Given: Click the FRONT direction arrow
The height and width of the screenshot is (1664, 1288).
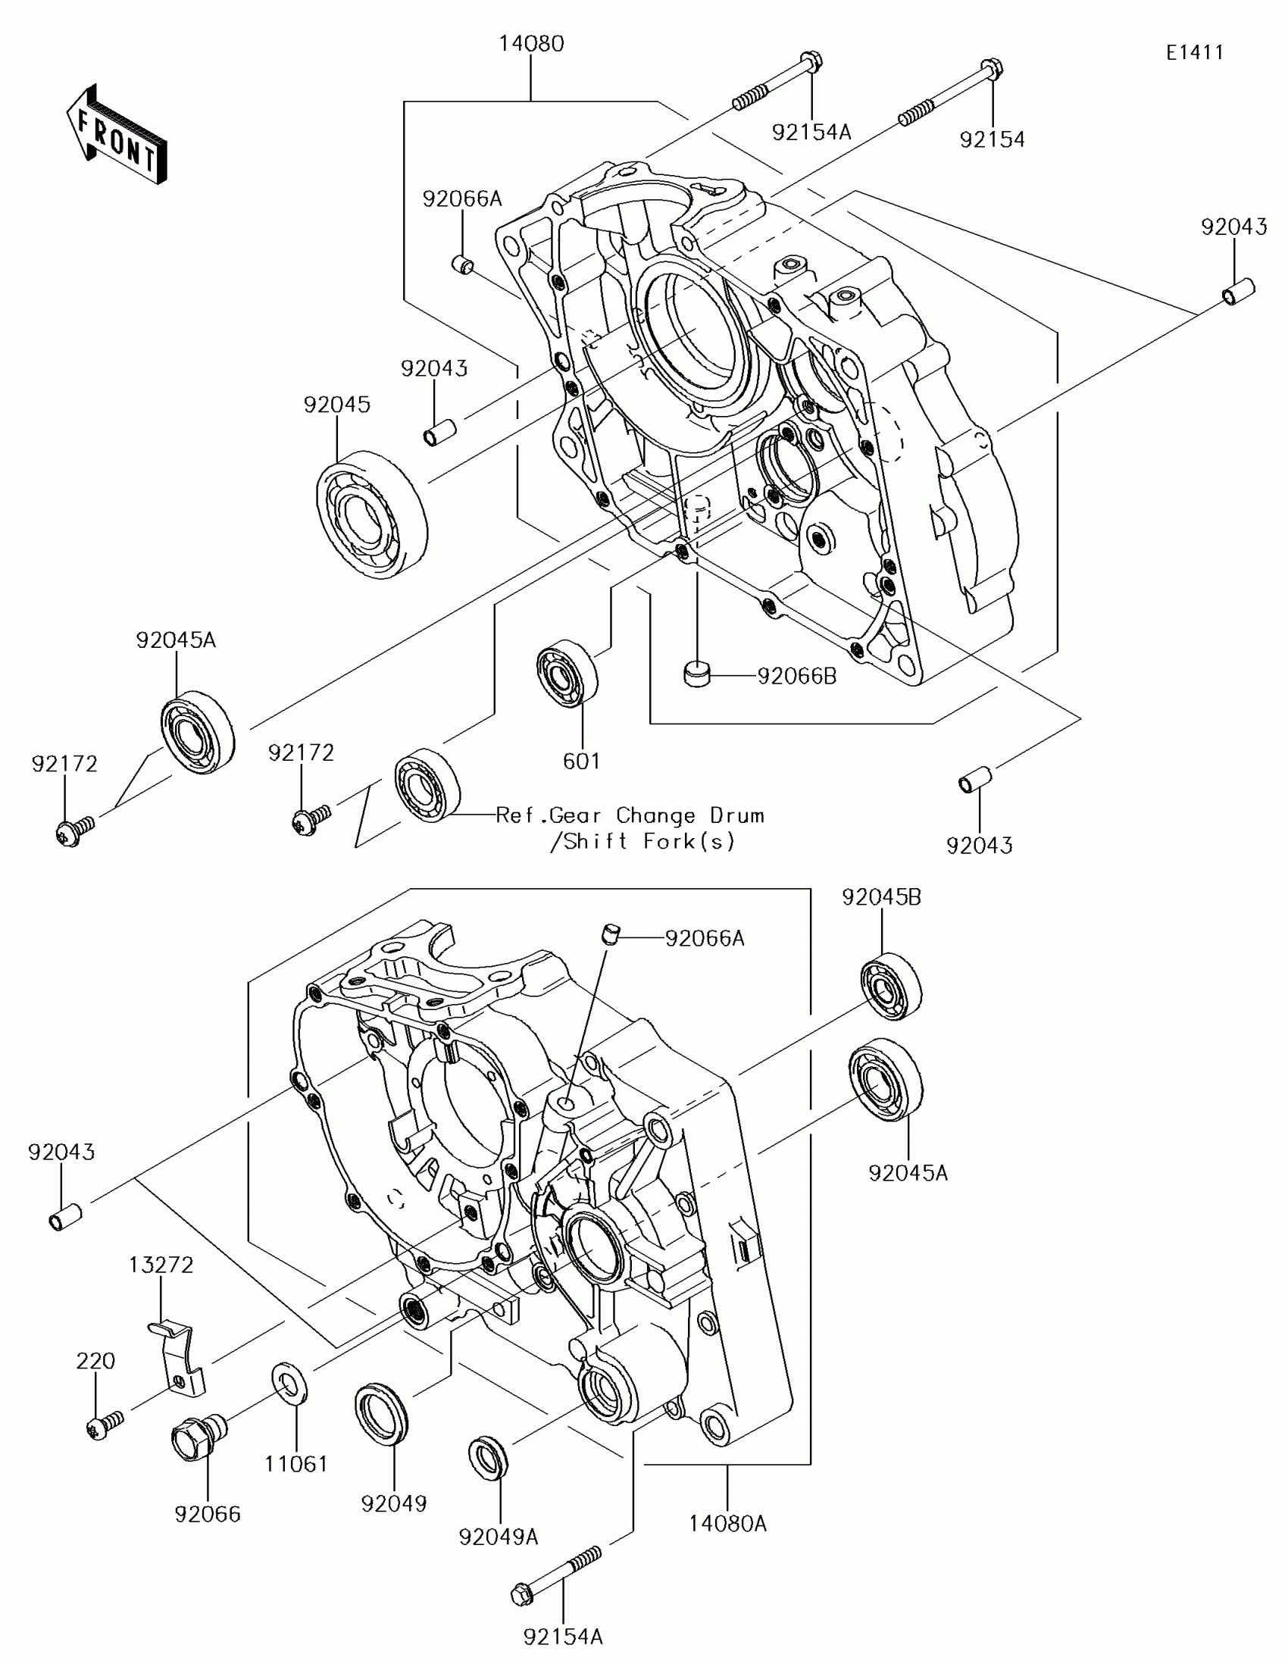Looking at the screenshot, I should pos(116,136).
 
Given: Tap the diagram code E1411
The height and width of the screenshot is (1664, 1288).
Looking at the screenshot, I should pos(1194,52).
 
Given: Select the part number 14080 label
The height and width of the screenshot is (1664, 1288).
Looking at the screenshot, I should pos(531,44).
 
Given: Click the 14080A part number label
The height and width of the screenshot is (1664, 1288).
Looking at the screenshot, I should pos(727,1524).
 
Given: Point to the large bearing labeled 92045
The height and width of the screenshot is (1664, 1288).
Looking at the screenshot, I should pos(372,515).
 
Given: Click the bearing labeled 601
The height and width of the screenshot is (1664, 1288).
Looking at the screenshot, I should pos(567,673).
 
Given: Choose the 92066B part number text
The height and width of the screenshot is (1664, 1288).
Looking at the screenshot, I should pos(797,676).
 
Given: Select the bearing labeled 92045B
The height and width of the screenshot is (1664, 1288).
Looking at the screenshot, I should pos(890,986).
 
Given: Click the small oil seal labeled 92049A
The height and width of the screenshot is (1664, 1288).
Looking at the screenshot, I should pos(487,1458).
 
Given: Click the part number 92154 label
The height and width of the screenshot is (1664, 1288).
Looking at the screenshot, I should pos(992,139).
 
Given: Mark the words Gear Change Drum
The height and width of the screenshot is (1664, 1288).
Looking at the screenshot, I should pos(656,816).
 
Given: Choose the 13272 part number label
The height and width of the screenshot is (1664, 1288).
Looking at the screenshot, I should pos(161,1265).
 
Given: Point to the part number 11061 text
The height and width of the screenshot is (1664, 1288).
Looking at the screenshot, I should pos(296,1464).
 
